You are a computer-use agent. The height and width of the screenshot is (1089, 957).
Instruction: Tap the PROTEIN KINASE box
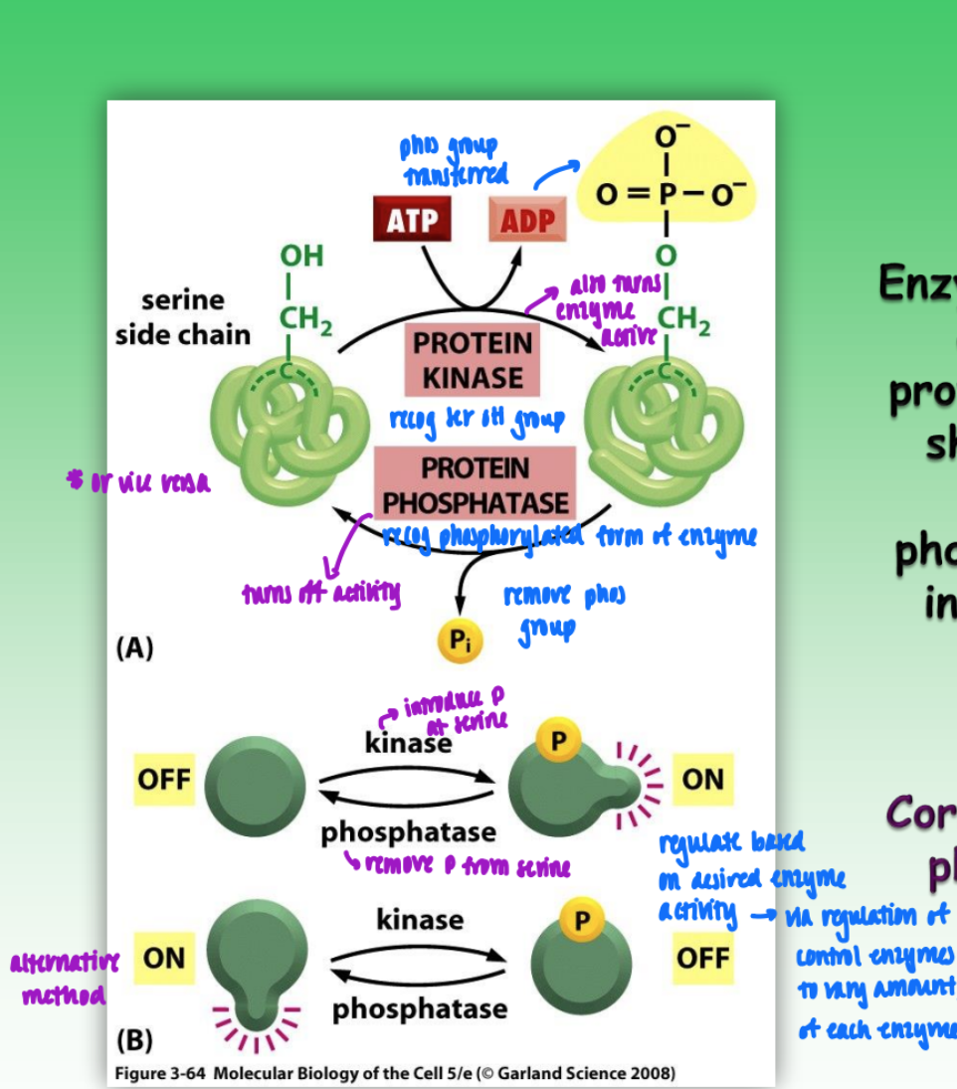[x=472, y=360]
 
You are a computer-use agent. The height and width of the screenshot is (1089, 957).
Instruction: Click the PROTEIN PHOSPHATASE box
[x=475, y=485]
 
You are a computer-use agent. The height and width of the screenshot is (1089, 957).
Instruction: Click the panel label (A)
[x=134, y=648]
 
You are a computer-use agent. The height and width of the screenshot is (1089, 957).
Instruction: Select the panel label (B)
[x=134, y=1040]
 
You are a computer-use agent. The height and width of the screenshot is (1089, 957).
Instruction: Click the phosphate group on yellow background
[x=666, y=189]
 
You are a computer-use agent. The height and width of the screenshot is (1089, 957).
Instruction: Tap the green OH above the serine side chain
[x=301, y=256]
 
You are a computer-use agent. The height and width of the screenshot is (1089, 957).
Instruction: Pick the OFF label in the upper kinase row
[x=164, y=779]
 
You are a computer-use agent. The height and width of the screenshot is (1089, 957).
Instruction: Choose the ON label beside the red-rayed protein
[x=702, y=779]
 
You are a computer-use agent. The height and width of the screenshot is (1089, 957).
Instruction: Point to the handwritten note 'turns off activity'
[x=320, y=594]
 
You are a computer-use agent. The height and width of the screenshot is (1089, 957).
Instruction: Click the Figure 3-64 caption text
[x=394, y=1073]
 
